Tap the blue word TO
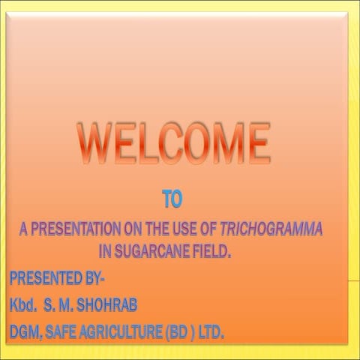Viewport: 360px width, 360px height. (x=172, y=199)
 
